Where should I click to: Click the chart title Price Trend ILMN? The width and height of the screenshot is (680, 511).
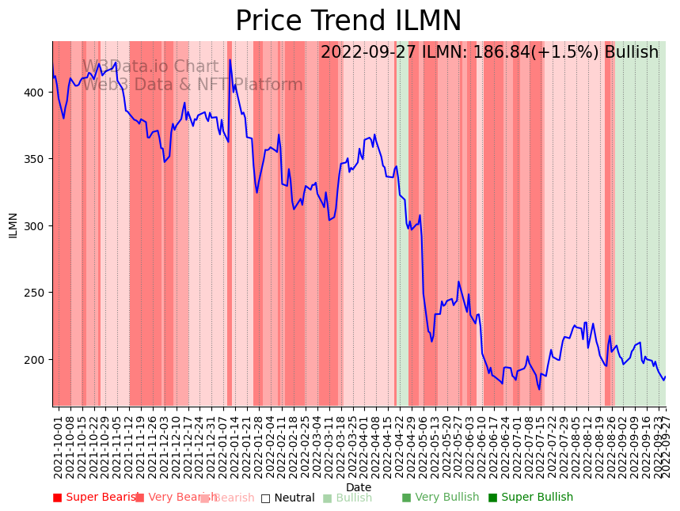(348, 21)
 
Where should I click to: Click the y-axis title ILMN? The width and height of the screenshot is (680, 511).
(13, 225)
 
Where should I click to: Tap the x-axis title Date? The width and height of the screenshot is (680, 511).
(359, 487)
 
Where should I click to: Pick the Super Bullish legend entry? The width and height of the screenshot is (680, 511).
(530, 498)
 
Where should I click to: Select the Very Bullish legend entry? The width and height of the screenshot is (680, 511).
(440, 498)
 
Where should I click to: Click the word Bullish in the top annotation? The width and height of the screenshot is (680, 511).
(631, 52)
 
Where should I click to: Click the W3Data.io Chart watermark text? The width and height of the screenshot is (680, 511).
(150, 67)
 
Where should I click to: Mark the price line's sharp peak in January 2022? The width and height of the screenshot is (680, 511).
(230, 59)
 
